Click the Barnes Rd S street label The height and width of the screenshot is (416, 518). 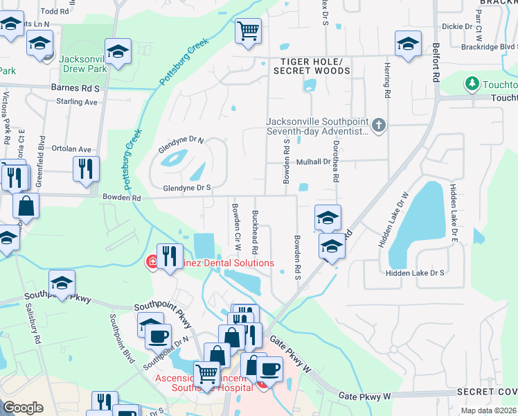pos(75,89)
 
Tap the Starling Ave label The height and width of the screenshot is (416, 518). pos(78,102)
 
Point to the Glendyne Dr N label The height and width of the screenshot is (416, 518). pos(181,140)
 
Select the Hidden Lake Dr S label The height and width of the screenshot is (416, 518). pos(415,273)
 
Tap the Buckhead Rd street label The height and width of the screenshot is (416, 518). pos(255,232)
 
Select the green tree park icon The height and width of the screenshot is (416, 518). pos(473,84)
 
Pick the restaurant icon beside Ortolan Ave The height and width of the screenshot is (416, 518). pos(86,168)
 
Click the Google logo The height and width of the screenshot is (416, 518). pos(23,408)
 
